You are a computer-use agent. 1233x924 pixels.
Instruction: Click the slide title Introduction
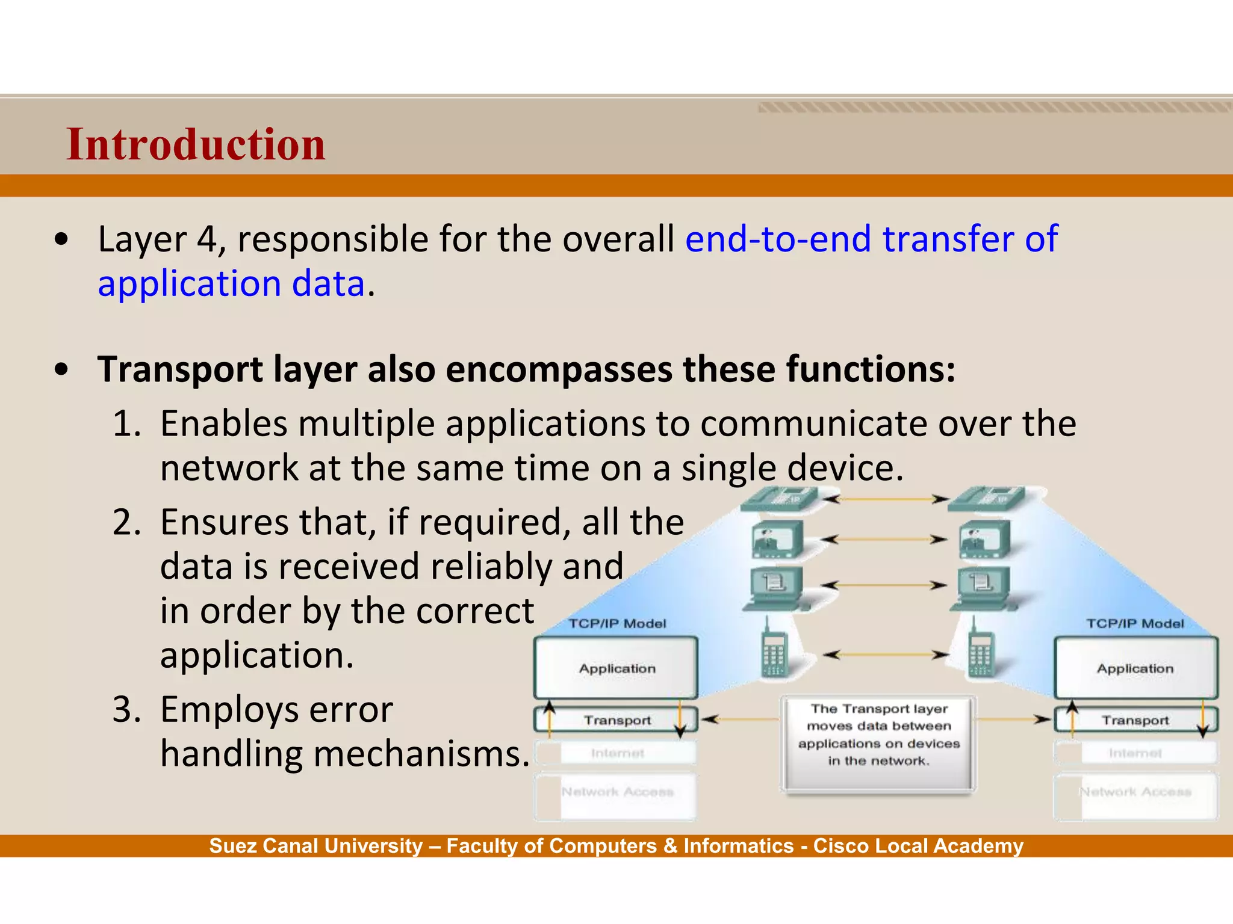point(196,145)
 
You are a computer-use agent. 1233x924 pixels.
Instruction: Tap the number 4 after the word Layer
point(207,239)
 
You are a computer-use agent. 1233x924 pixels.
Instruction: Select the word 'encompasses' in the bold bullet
point(559,369)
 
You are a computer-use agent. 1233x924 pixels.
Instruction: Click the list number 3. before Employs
point(127,709)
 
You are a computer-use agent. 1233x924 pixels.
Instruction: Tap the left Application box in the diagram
point(616,668)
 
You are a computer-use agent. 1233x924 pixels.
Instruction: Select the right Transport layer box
point(1135,720)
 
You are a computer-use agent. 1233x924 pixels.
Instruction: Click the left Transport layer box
point(616,720)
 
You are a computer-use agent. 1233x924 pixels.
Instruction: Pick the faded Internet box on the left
point(616,753)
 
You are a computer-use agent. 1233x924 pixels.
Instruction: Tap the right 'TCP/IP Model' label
point(1134,624)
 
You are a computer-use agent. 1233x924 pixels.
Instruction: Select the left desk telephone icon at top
point(778,499)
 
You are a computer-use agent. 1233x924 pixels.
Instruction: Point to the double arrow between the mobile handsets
point(886,654)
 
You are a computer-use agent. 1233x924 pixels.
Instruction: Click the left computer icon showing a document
point(777,587)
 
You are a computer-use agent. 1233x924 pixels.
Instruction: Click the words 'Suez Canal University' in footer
point(316,846)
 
